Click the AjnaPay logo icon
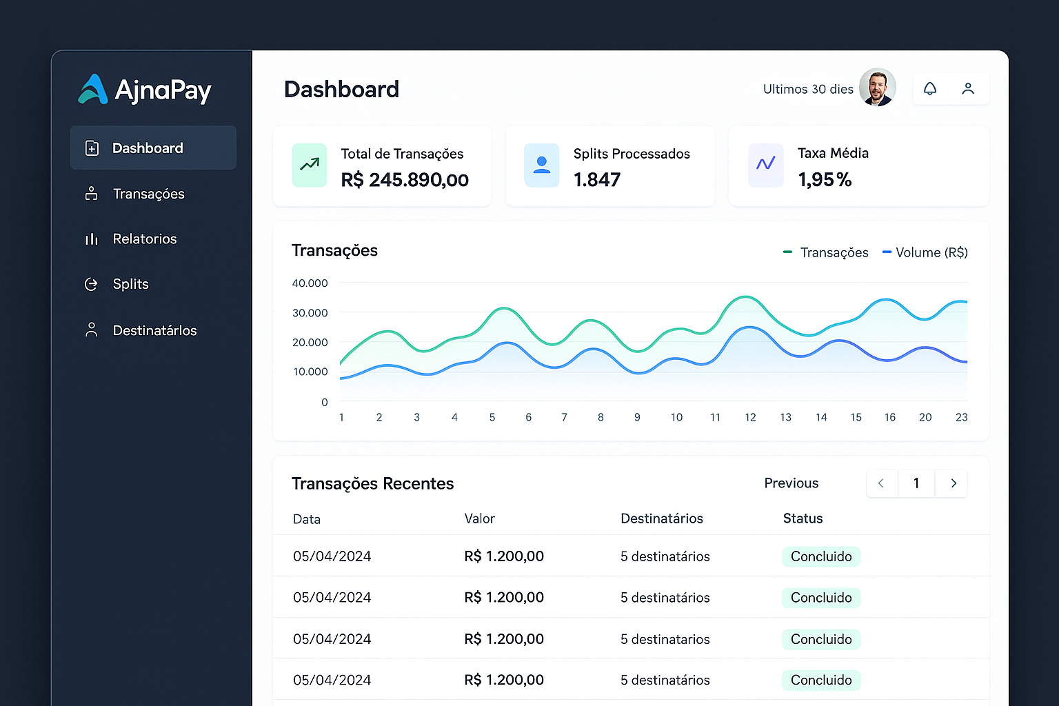click(x=93, y=90)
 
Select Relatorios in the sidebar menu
click(x=144, y=239)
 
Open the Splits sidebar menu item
click(x=130, y=284)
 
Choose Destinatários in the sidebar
click(x=154, y=331)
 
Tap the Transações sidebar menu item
click(x=148, y=194)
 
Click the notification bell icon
click(x=930, y=89)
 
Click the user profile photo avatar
click(x=877, y=88)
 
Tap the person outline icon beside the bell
click(x=968, y=89)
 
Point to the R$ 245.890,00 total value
click(x=405, y=180)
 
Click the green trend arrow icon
click(x=310, y=165)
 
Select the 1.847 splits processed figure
click(x=597, y=180)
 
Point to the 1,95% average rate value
click(x=825, y=180)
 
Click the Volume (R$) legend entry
click(x=925, y=253)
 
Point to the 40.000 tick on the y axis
click(x=310, y=283)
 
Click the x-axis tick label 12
click(x=750, y=417)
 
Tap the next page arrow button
click(x=954, y=483)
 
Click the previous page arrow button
click(x=881, y=483)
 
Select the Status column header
click(x=803, y=518)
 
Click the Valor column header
click(x=479, y=518)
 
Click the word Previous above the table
click(x=791, y=483)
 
